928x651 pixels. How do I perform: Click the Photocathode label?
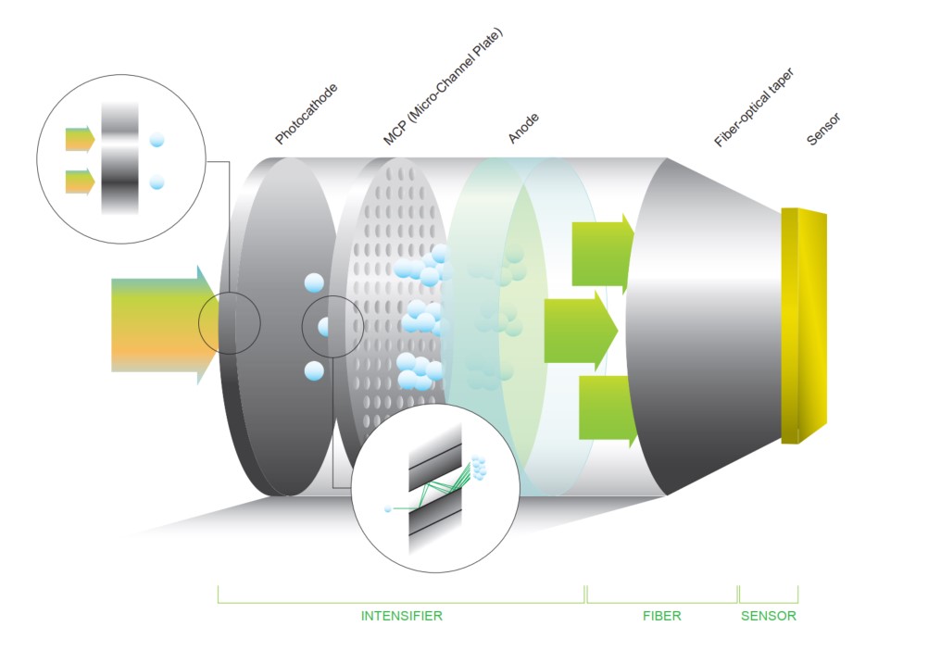(x=307, y=115)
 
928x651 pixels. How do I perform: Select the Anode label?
(x=524, y=128)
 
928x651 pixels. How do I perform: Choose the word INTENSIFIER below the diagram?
(x=401, y=616)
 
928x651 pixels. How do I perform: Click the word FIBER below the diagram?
(x=661, y=616)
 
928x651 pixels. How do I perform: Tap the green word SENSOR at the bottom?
(x=768, y=616)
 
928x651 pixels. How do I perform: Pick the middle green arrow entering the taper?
(x=580, y=323)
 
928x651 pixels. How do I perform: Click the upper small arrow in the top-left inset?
(x=80, y=140)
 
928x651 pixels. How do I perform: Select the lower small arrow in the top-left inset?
(x=80, y=182)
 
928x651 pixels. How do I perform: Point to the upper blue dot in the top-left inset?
(x=157, y=140)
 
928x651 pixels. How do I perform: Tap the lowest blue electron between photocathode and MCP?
(x=314, y=371)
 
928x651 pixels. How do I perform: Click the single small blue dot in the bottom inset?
(x=388, y=508)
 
